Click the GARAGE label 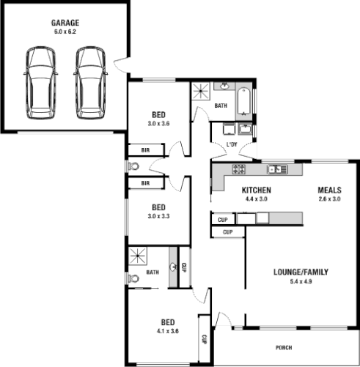pos(66,23)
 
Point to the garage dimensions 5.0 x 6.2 pos(66,31)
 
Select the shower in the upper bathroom pos(200,93)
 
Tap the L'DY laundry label pos(232,144)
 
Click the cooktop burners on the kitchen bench pos(239,170)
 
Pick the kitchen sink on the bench pos(277,170)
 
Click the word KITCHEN pos(257,190)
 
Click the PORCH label pos(284,347)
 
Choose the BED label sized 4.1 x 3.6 pos(168,322)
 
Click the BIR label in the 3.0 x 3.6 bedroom pos(144,150)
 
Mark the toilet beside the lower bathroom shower pos(133,278)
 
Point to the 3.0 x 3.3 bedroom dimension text pos(158,216)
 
